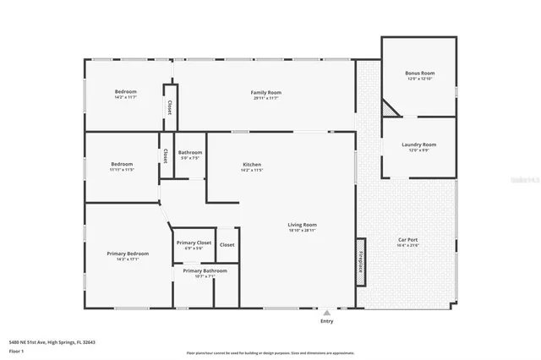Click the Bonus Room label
419,74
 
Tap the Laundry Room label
419,145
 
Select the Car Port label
409,240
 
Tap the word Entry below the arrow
326,321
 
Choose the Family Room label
265,92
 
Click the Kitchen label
252,164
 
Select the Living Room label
302,225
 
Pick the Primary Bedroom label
128,254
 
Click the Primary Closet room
194,245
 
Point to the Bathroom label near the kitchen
190,153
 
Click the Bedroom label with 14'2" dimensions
125,92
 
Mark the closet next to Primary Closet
227,245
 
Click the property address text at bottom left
52,342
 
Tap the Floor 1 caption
17,350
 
